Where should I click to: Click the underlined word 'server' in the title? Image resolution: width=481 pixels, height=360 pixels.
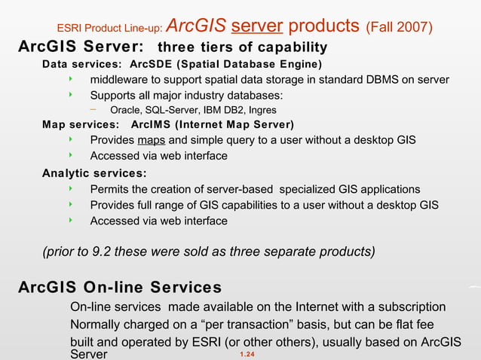(x=257, y=27)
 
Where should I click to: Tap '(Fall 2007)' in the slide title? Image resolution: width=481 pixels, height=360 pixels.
(x=398, y=28)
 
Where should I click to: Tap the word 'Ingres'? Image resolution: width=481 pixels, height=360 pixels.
(x=261, y=110)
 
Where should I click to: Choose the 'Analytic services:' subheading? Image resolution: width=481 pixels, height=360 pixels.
(x=94, y=173)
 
